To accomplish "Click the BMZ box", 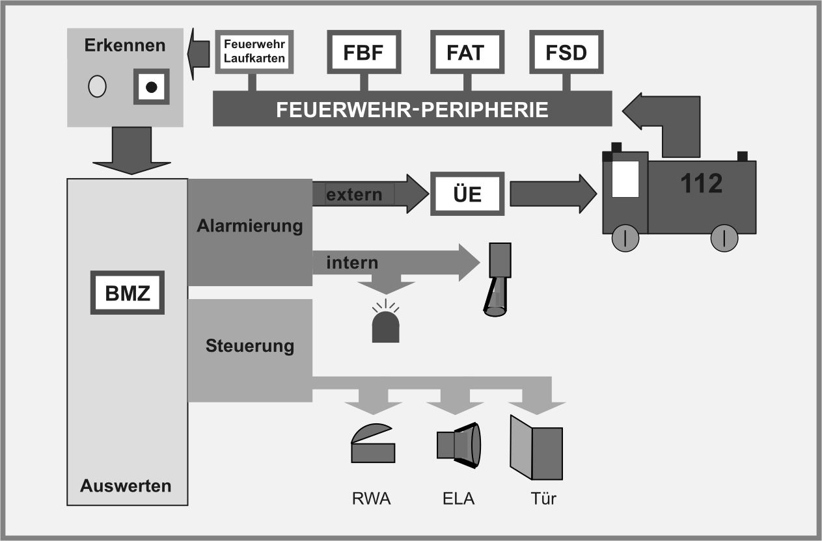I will coord(128,294).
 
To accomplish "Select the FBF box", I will coord(364,53).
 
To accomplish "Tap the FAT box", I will coord(465,53).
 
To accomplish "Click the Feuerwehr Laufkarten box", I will coord(254,53).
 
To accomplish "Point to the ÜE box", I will coord(467,194).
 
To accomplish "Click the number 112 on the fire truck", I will coord(702,184).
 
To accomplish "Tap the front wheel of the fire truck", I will coord(625,238).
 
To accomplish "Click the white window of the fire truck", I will coord(626,178).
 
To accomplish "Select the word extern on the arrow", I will coord(354,194).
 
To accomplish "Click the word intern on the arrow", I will coord(352,263).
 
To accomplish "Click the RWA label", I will coord(372,499).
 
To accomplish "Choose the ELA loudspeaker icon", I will coord(458,445).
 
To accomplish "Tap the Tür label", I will coord(543,499).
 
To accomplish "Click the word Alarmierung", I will coord(250,226).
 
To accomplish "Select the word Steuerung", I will coord(250,345).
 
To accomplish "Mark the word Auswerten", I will coord(126,485).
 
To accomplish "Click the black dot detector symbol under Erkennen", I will coord(152,86).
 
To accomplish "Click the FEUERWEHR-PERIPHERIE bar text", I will coord(412,109).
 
